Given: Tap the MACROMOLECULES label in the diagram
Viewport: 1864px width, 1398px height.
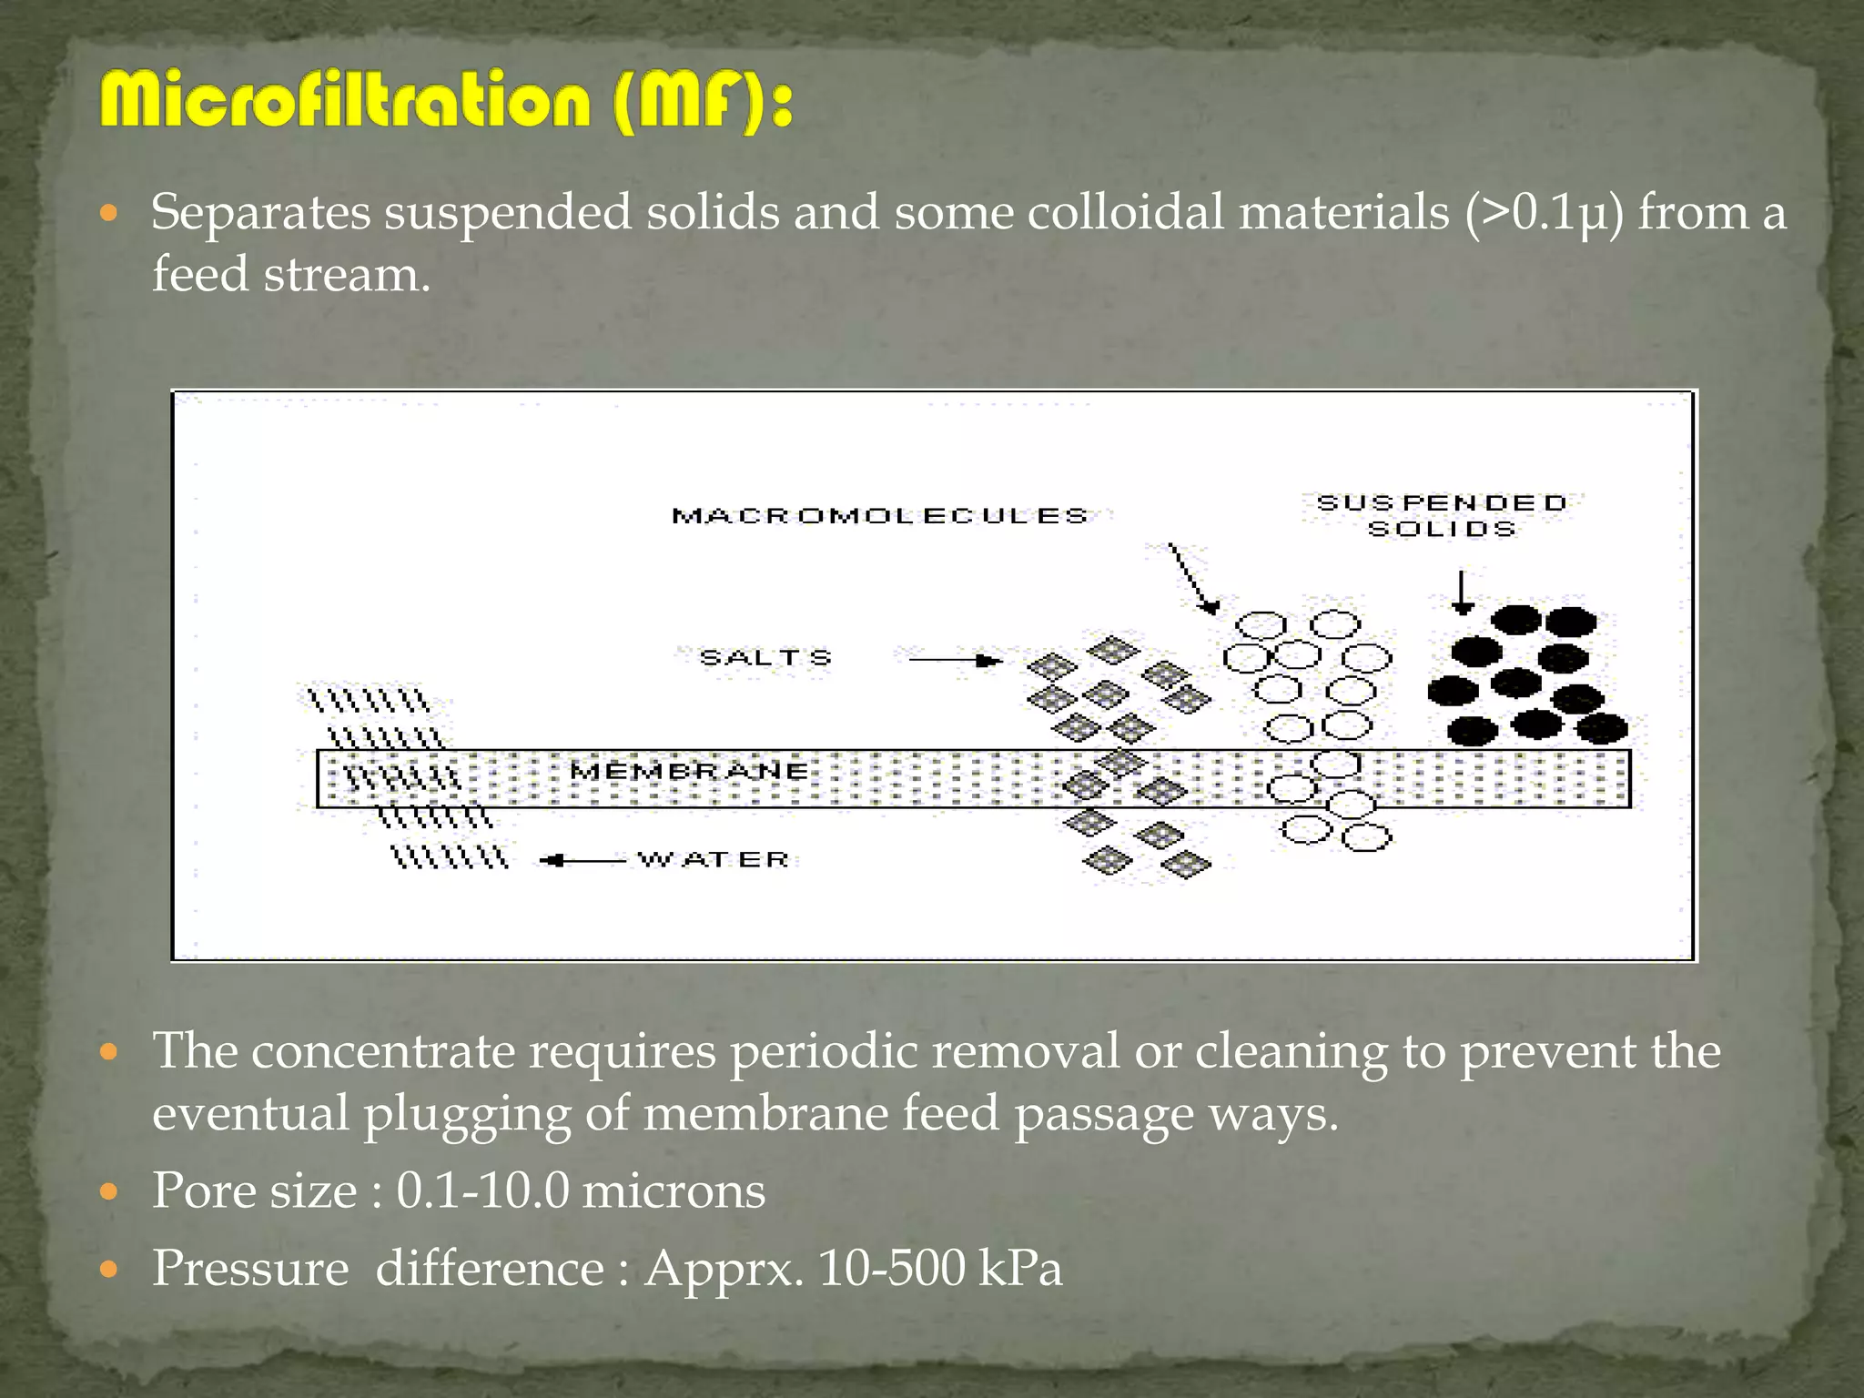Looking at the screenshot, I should (879, 516).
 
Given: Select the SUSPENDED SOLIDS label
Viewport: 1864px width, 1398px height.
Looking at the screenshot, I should (1442, 515).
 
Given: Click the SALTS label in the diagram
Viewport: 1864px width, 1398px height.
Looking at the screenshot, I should (765, 657).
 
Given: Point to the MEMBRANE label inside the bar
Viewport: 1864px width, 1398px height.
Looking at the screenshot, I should (689, 771).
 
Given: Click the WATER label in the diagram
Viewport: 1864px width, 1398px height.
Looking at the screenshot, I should (713, 859).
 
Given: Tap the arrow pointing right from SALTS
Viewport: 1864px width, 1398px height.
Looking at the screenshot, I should (956, 660).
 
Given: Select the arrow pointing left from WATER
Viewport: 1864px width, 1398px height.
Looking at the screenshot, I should (582, 860).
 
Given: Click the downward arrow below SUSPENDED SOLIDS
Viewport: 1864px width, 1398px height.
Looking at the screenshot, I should (1462, 593).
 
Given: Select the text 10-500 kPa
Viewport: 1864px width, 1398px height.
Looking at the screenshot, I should (939, 1268).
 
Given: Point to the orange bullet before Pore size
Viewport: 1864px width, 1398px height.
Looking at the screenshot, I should (109, 1191).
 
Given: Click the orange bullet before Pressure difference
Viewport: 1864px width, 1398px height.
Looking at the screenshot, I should (109, 1269).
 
